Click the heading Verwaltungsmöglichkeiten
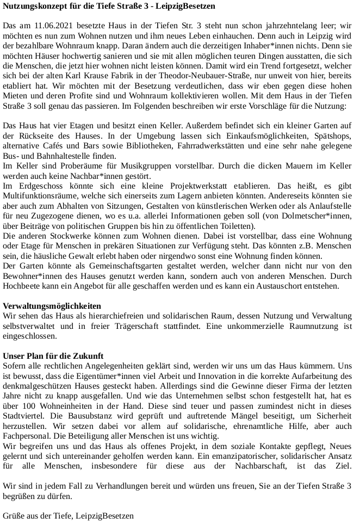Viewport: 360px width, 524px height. pos(52,306)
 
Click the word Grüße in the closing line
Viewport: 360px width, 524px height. pos(14,515)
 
